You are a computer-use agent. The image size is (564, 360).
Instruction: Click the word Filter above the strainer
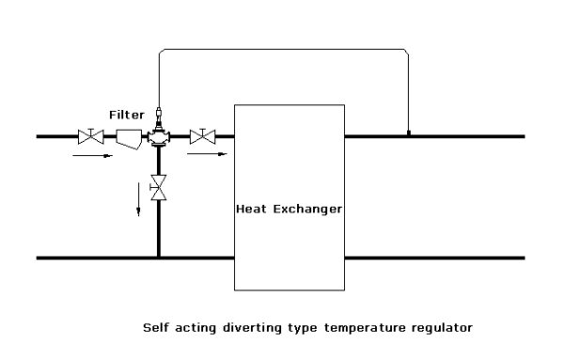[x=126, y=115]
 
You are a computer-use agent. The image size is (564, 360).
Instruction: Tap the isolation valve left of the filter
[x=91, y=137]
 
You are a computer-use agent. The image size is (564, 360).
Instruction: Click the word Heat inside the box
[x=252, y=209]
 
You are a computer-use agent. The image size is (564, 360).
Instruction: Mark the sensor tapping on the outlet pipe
[x=408, y=133]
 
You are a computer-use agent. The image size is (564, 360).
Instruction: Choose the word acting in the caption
[x=193, y=329]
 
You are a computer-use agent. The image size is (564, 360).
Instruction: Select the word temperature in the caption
[x=358, y=329]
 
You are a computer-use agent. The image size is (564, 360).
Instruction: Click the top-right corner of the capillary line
[x=406, y=51]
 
